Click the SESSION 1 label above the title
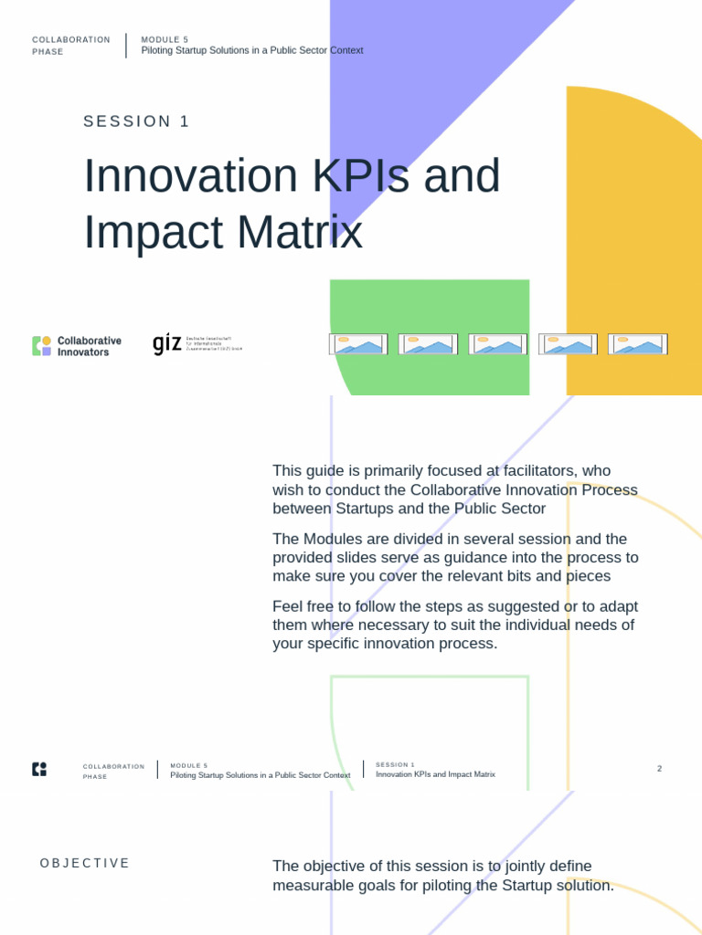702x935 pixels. (136, 121)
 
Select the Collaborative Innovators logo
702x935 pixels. (77, 346)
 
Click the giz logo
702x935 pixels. (197, 344)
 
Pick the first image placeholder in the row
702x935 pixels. (358, 344)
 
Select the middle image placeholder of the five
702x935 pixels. (497, 344)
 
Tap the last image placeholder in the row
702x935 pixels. (637, 344)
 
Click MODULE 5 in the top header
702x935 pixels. (165, 39)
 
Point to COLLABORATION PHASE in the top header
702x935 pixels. (70, 46)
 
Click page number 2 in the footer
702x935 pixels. (659, 769)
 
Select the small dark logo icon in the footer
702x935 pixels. (39, 769)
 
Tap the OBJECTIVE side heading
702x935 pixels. (85, 864)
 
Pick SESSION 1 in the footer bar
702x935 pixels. (395, 764)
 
